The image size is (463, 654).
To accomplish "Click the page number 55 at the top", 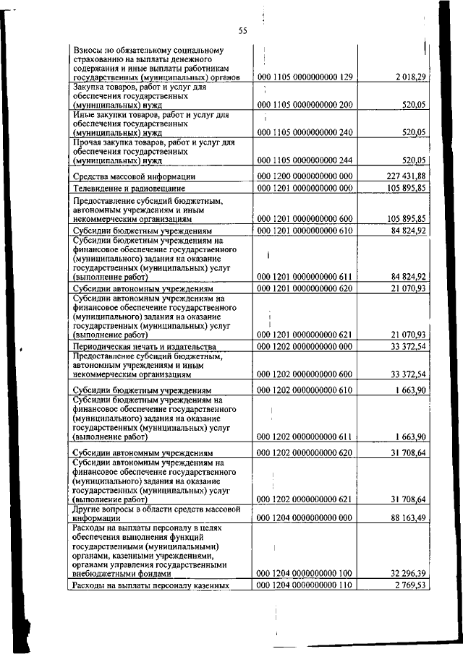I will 242,30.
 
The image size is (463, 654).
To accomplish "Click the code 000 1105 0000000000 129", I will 305,77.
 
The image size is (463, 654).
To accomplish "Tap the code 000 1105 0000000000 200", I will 305,105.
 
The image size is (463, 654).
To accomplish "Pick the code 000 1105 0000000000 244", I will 305,160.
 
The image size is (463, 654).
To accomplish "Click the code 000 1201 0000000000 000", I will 305,188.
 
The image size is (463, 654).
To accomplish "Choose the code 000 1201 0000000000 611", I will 305,276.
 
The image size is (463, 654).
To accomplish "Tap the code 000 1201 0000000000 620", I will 305,289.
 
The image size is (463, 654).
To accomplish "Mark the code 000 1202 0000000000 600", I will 305,374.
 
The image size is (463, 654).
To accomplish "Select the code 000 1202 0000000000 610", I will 305,391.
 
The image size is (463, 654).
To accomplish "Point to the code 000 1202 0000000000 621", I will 305,499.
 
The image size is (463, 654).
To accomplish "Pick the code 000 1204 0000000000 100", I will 305,573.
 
